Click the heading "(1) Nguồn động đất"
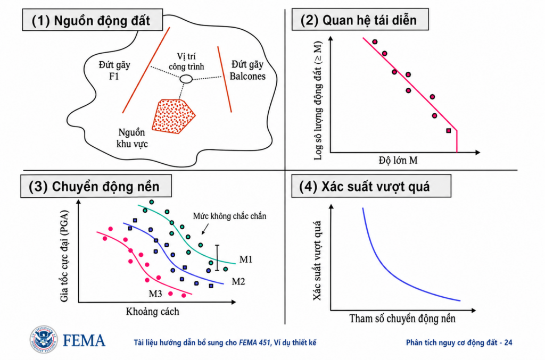point(91,21)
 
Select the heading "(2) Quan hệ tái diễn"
point(358,20)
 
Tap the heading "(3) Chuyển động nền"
point(94,187)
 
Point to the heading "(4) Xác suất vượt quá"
point(364,187)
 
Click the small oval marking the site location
point(186,79)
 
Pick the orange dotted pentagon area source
point(174,116)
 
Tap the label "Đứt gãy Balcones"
point(247,71)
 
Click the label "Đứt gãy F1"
point(114,71)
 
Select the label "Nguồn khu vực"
point(132,138)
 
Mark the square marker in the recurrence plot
point(449,131)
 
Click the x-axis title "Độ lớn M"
point(398,161)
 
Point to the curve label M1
point(246,259)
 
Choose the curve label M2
point(238,281)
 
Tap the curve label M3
point(155,294)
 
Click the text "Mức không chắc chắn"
point(230,216)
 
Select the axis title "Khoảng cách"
point(153,312)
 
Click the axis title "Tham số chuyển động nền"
point(402,319)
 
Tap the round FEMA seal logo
point(44,339)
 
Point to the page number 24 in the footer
point(508,342)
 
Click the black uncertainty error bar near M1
point(217,258)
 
